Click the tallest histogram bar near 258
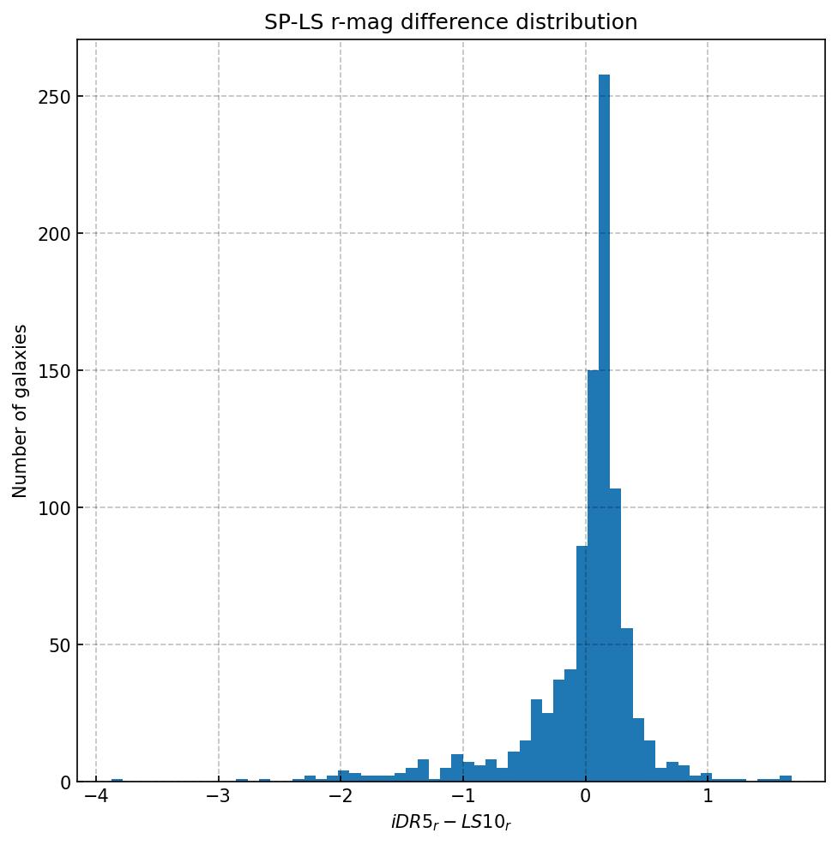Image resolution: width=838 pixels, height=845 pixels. tap(604, 428)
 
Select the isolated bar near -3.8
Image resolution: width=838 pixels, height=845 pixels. tap(117, 780)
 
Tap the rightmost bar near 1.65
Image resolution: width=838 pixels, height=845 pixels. tap(786, 778)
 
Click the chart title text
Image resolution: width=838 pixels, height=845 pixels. tap(450, 22)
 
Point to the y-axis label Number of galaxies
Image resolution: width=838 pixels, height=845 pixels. tap(20, 411)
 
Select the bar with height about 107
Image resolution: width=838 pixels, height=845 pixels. tap(615, 635)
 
